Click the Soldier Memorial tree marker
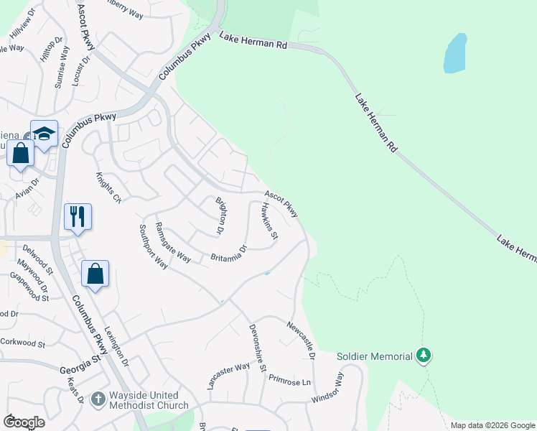(x=424, y=356)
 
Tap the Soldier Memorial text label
(x=375, y=356)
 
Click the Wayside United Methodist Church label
(x=149, y=400)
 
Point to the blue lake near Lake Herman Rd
(x=454, y=54)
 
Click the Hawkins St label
(x=270, y=220)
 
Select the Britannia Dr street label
(x=229, y=254)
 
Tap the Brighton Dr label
(x=221, y=215)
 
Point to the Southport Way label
(x=153, y=246)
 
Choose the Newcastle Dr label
(x=302, y=340)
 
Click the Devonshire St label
(x=257, y=347)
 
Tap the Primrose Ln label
(x=291, y=382)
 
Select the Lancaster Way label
(x=228, y=376)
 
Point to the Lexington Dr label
(x=116, y=348)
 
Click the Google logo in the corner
(x=24, y=422)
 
